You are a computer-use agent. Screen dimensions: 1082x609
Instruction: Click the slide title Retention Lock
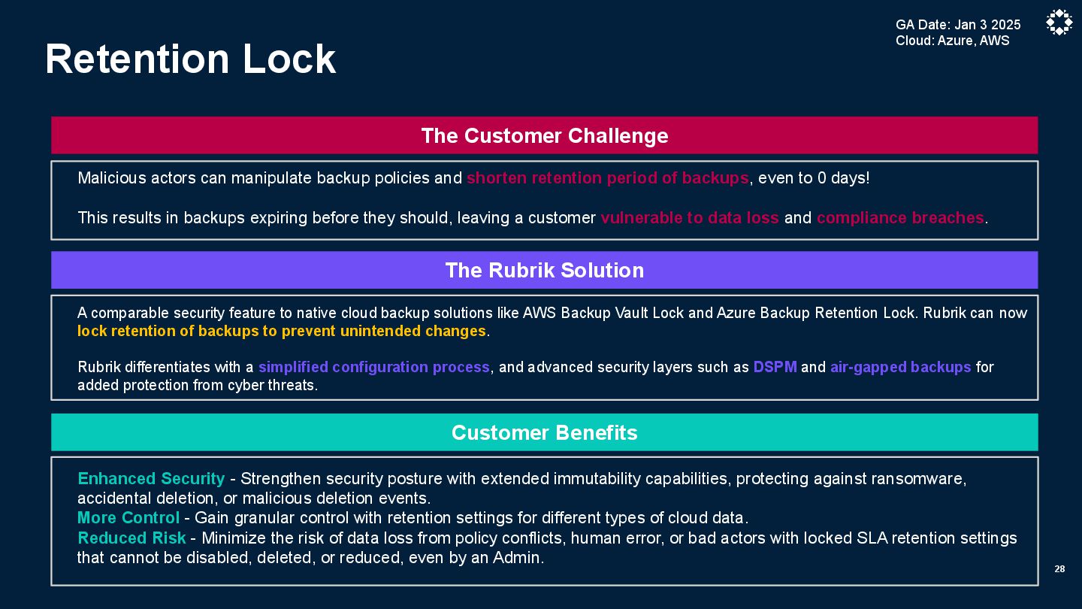(190, 59)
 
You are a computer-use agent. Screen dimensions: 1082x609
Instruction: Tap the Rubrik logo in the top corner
(1059, 23)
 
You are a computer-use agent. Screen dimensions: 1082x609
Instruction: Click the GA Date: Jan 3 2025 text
(958, 25)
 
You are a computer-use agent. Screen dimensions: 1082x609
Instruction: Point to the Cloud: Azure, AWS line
(952, 41)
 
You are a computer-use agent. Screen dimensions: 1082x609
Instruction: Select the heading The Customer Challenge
(544, 135)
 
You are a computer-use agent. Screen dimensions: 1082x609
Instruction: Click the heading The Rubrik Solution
(544, 270)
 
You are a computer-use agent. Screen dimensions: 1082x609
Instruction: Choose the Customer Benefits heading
(544, 432)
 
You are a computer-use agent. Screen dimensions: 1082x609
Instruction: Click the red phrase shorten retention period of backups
(607, 178)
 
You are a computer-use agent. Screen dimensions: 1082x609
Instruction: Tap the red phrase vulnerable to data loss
(689, 218)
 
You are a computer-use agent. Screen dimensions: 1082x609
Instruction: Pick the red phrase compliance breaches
(900, 218)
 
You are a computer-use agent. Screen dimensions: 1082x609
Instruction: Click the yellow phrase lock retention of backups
(282, 332)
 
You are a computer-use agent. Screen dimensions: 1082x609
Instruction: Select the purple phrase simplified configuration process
(373, 368)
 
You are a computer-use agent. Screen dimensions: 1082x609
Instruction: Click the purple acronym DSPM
(775, 368)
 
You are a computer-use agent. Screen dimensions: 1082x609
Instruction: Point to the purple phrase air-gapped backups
(900, 368)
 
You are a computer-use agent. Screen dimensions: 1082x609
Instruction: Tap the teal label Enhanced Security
(151, 479)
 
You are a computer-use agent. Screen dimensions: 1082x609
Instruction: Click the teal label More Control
(128, 518)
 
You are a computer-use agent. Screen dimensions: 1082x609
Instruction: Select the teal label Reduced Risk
(131, 538)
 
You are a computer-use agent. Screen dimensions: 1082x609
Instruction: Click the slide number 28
(1059, 569)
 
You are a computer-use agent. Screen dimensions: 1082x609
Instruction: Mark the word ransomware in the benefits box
(918, 479)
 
